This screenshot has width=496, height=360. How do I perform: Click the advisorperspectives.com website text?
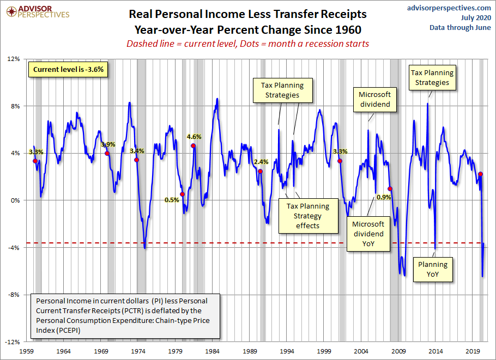[441, 8]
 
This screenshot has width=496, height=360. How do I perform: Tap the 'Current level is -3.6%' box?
[68, 70]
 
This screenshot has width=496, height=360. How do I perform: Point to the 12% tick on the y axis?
[13, 59]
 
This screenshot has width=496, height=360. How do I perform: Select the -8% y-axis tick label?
[13, 295]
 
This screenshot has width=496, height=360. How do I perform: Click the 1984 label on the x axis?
[213, 351]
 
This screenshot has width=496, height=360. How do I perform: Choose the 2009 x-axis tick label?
[400, 351]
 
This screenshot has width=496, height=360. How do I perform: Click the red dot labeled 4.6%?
[193, 146]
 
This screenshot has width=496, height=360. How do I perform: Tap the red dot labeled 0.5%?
[182, 194]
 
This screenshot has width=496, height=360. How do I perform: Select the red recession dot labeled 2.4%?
[260, 172]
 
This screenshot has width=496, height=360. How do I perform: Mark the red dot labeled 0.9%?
[390, 189]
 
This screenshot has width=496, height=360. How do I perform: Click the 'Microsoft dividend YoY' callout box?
[368, 234]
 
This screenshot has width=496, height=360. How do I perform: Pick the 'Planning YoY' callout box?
[432, 270]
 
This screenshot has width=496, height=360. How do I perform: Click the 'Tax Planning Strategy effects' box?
[307, 216]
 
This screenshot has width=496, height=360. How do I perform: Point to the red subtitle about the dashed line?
[247, 44]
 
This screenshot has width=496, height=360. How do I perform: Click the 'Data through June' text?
[459, 27]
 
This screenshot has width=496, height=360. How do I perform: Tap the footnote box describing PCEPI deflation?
[126, 315]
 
